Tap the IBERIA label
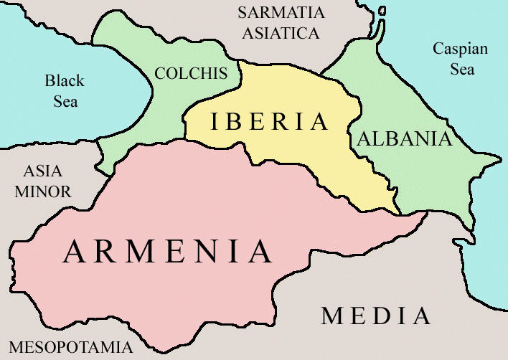point(269,122)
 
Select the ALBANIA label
point(405,138)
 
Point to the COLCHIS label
point(191,73)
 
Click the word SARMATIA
point(281,13)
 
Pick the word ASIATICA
point(280,33)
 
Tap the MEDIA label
point(376,316)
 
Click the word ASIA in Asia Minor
point(43,172)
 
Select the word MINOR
point(43,192)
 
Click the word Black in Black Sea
point(65,80)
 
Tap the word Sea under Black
point(65,100)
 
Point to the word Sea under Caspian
point(462,70)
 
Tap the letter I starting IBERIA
point(214,122)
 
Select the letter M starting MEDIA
point(332,316)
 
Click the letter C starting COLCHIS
point(160,73)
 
